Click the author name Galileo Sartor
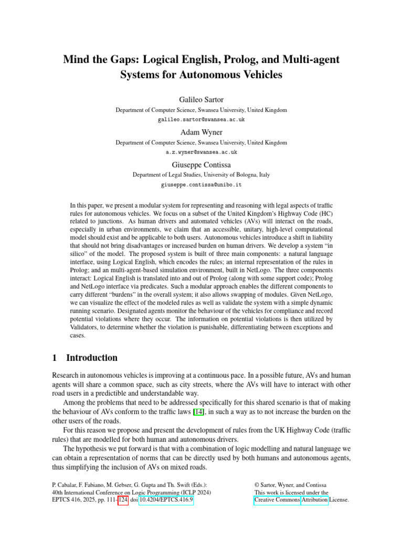201,100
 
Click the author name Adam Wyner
201,132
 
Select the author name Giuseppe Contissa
201,164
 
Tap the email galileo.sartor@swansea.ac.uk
201,120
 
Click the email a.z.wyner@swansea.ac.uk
201,152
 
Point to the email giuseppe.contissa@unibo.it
201,185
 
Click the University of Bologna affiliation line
201,175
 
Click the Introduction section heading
92,358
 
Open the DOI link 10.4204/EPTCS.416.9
165,500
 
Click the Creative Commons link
277,500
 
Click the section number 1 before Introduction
55,358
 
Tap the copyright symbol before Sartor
257,484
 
